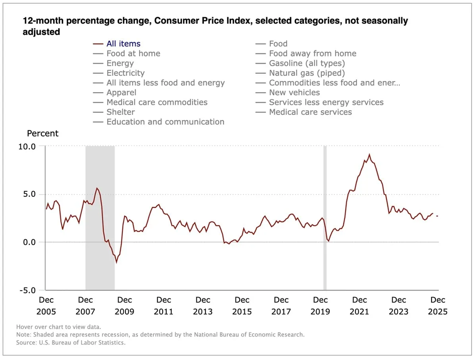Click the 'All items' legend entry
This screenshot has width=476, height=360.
point(123,44)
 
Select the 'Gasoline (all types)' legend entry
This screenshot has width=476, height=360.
point(307,63)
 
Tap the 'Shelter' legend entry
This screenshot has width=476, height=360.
point(121,112)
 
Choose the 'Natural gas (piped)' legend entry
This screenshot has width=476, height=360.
point(307,73)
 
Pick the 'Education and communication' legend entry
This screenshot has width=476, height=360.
point(165,122)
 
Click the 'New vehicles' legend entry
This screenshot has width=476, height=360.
point(294,92)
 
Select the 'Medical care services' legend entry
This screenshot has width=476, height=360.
point(310,112)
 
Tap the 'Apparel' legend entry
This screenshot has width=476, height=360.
point(121,92)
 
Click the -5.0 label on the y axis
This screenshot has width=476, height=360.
point(27,290)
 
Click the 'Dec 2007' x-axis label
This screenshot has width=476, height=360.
point(85,306)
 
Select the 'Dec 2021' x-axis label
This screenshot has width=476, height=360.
point(359,306)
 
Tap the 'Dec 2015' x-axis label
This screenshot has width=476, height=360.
point(242,306)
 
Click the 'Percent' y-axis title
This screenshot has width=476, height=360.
point(42,133)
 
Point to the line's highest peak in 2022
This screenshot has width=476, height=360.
point(369,154)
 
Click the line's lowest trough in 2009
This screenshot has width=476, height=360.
point(116,262)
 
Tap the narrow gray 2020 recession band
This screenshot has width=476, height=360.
point(325,218)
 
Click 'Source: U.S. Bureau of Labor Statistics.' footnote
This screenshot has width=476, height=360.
point(71,342)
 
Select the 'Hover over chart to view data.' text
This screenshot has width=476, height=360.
point(59,327)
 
